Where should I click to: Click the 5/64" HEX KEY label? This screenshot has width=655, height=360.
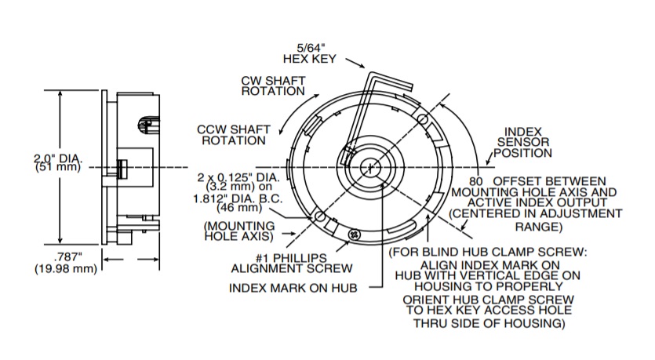click(309, 52)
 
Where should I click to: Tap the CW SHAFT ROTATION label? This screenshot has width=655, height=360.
click(273, 85)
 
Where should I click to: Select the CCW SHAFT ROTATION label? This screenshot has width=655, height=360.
click(234, 134)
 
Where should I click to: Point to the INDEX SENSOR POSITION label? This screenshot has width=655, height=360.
click(527, 143)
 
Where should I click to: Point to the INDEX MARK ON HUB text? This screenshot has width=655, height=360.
click(293, 288)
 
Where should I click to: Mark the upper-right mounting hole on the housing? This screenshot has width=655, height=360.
click(422, 119)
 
